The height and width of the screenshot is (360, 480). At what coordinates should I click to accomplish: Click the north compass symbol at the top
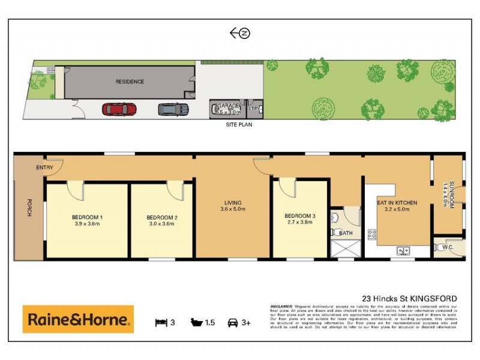click(x=240, y=34)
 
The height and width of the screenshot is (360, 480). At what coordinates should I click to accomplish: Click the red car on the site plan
click(x=119, y=109)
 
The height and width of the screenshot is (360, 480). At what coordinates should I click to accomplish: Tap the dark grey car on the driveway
click(x=173, y=109)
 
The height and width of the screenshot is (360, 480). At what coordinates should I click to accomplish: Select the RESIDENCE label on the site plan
click(x=130, y=82)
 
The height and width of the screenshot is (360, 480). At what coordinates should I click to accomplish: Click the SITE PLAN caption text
click(x=239, y=125)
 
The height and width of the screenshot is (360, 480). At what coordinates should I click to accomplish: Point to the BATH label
click(x=346, y=233)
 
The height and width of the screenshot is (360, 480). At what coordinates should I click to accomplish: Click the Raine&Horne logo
click(x=78, y=319)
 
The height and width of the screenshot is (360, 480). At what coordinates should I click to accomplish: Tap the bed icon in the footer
click(x=160, y=322)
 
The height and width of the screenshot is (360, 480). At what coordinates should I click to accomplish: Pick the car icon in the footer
click(x=233, y=322)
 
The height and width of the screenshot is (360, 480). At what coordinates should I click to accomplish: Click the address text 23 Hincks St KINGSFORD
click(x=409, y=298)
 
